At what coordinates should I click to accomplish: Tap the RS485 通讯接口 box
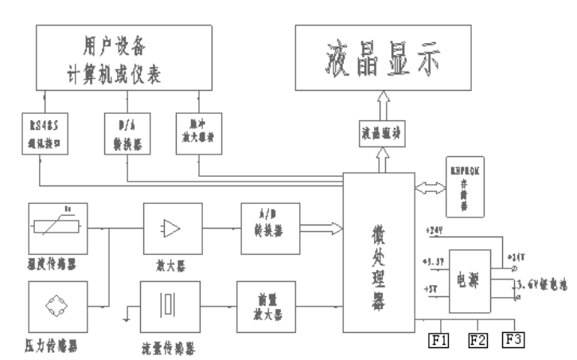pos(41,134)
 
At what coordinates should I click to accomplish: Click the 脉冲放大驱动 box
pos(195,134)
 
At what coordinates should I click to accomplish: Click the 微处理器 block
pos(379,253)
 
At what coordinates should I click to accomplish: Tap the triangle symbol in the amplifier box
pos(170,229)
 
